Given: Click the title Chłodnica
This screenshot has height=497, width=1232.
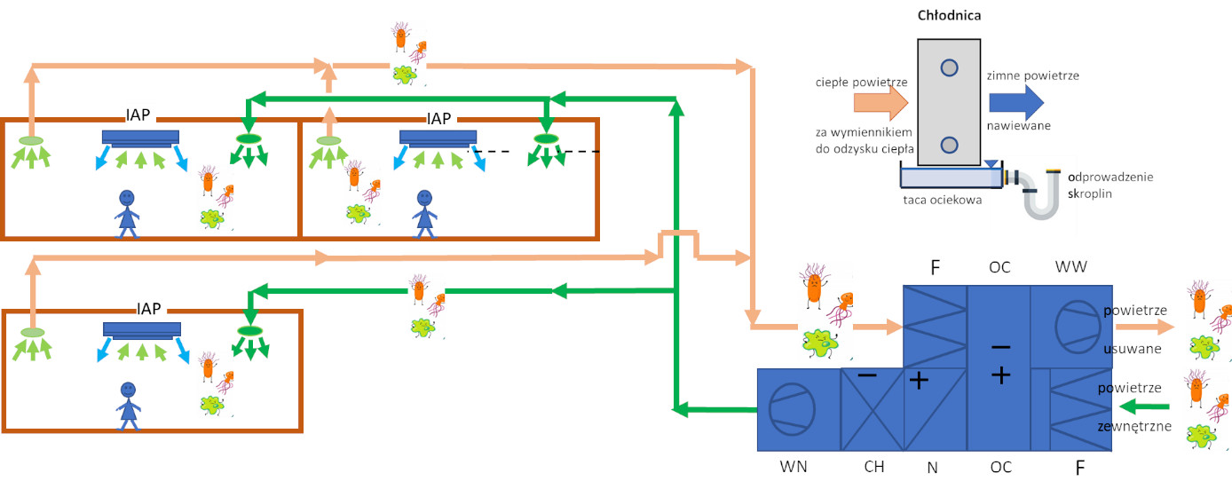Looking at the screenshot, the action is pos(949,15).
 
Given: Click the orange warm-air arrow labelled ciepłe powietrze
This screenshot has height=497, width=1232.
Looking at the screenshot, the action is pos(881,103).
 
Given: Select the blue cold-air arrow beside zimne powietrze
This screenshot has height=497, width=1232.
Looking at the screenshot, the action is pos(1016,102).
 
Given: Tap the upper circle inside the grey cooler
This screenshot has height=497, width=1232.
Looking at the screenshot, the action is pos(950,67).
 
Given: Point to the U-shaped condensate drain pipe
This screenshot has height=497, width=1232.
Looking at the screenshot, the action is pos(1040,197).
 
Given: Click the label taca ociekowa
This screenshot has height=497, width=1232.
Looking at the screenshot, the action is pos(942,200).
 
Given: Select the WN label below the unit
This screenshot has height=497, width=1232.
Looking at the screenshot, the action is pos(794,467).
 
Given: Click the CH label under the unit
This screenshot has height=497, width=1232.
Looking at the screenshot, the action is pos(874,467).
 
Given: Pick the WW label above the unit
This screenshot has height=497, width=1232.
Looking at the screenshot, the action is pos(1070,266).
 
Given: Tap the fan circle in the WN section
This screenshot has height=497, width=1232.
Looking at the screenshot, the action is pos(792,410).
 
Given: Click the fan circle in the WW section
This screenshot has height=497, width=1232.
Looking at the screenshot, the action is pos(1078,327).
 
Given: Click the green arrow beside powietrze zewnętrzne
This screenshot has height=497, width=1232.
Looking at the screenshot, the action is pos(1144,406).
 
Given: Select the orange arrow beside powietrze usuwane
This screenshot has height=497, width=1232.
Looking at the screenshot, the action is pos(1145,327).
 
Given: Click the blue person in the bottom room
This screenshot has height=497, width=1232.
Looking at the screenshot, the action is pos(128,406).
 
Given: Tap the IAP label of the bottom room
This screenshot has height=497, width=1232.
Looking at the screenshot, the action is pos(148,309).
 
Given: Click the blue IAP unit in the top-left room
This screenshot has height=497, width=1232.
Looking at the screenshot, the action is pos(140,138).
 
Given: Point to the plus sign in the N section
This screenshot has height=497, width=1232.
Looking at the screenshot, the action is pos(919,381).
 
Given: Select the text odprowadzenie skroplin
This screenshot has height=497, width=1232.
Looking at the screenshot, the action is pos(1110,185).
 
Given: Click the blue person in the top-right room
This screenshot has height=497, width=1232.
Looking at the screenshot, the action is pos(424,214).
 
